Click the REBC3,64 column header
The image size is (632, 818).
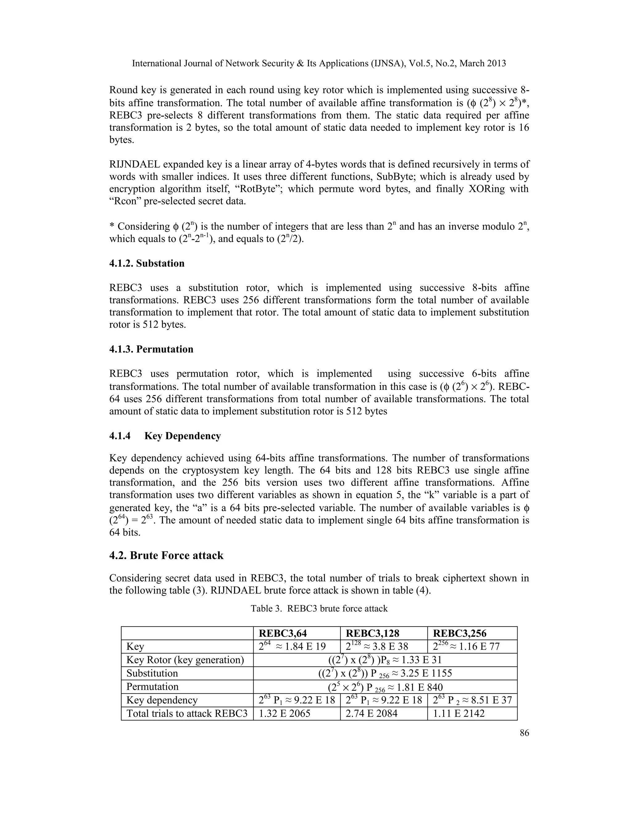coord(283,633)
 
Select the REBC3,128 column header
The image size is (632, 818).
coord(372,633)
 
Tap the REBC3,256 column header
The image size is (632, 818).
coord(459,633)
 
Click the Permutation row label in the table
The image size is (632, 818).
coord(152,687)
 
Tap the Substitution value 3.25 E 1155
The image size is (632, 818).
coord(385,674)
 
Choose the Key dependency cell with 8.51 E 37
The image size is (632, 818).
coord(472,700)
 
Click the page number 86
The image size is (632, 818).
coord(524,733)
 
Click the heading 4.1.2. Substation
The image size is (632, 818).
coord(147,263)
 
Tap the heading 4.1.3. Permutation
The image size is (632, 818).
coord(151,349)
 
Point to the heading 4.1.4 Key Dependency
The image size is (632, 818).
coord(165,436)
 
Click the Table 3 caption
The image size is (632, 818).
coord(319,608)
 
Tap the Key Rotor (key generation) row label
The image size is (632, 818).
coord(185,660)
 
